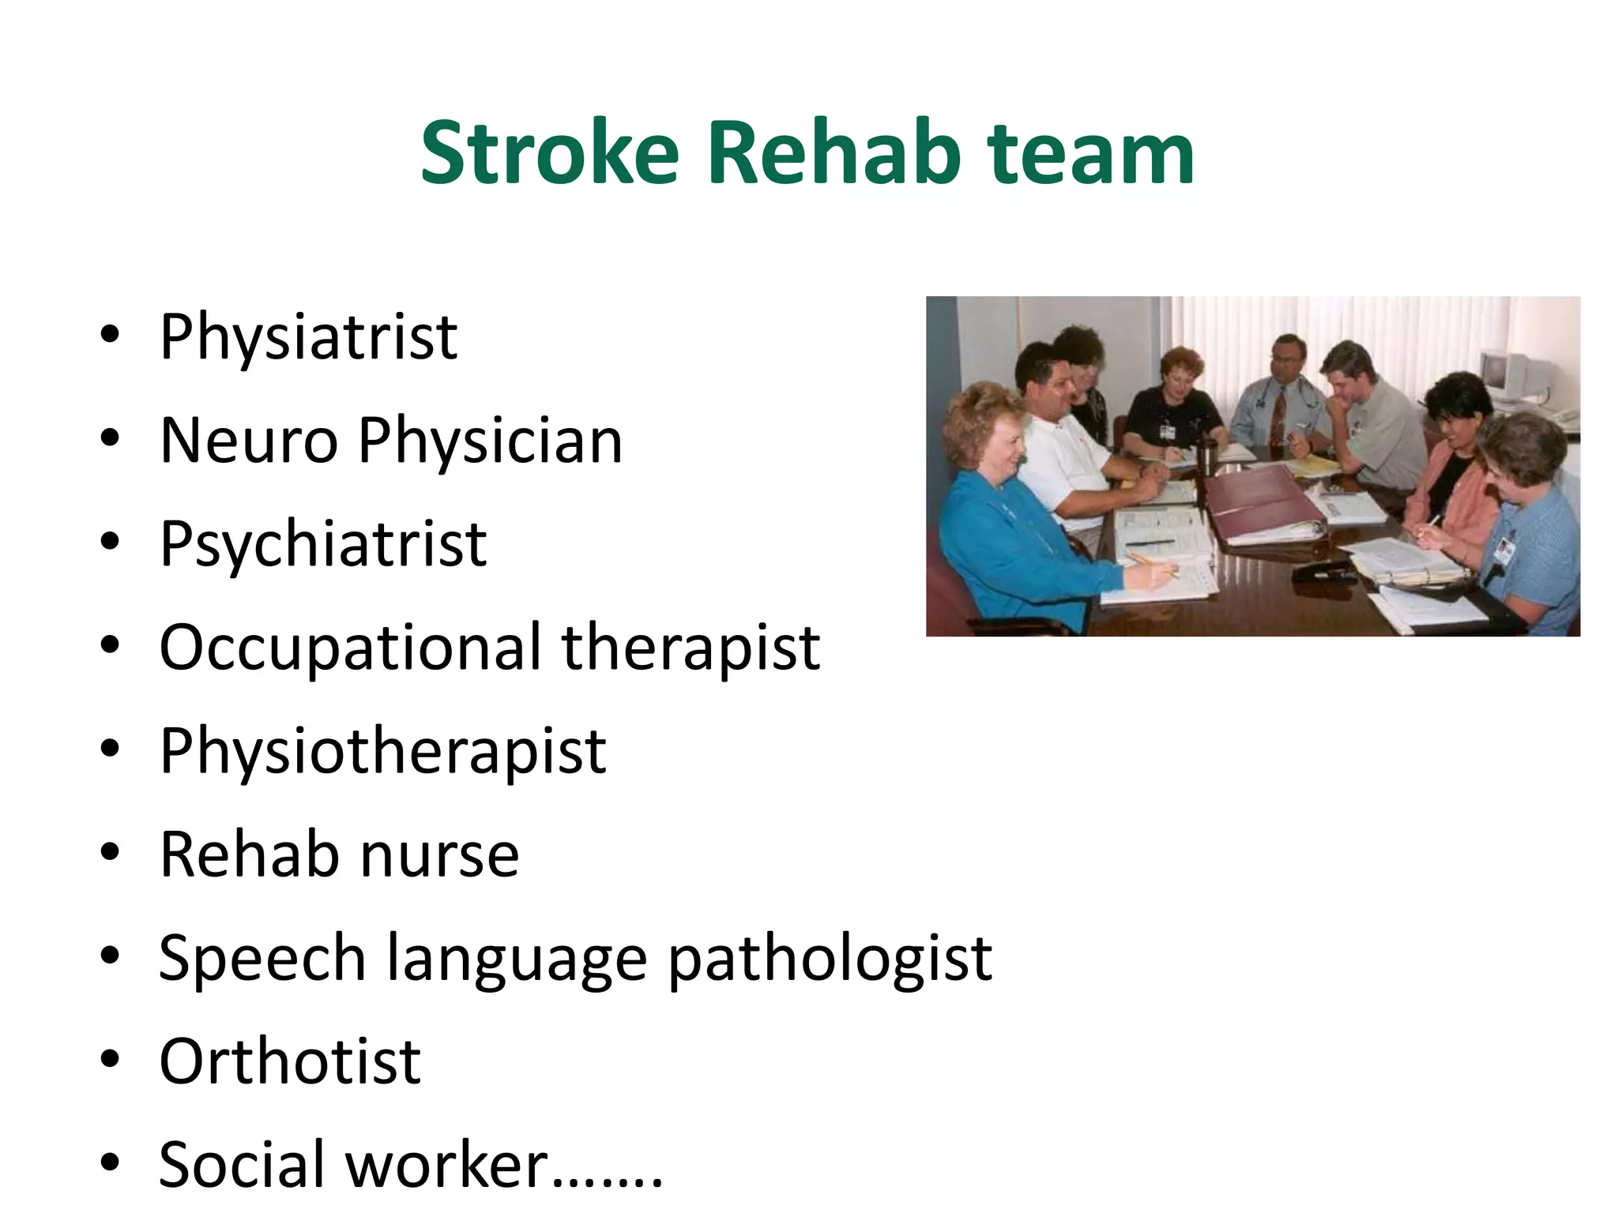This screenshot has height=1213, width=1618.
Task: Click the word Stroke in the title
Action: click(549, 154)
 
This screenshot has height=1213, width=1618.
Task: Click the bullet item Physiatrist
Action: click(308, 338)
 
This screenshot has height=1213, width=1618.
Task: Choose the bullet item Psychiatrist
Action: click(323, 545)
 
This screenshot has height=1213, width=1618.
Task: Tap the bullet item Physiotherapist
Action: click(382, 752)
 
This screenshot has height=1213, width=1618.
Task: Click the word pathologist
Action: click(830, 959)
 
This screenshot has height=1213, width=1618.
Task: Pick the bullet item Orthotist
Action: click(290, 1062)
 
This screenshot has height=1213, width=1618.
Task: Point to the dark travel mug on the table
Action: click(1206, 456)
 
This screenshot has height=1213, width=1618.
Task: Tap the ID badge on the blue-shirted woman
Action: click(1504, 549)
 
